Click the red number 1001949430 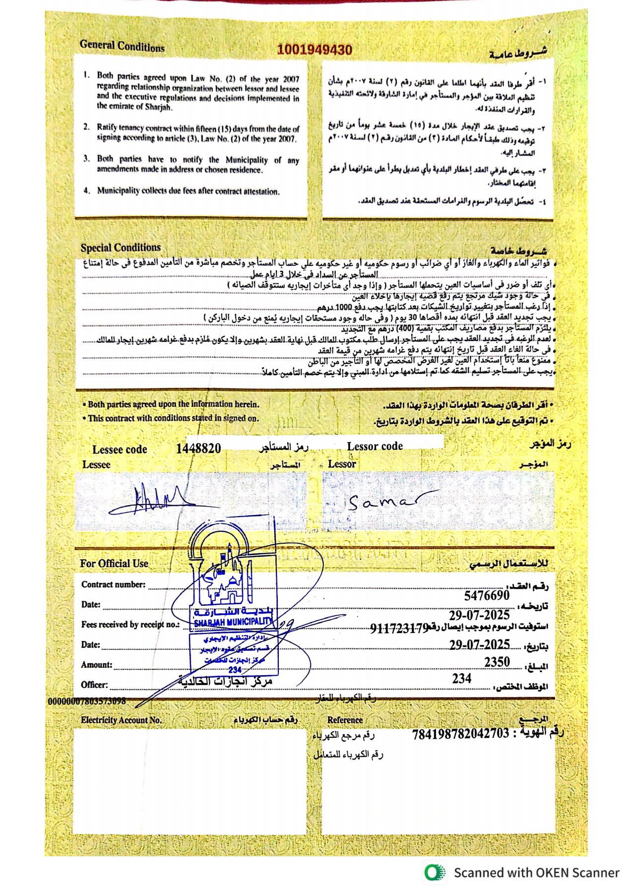coord(315,50)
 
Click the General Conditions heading coord(122,46)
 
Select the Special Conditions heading coord(121,248)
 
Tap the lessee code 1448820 coord(198,448)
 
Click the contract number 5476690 coord(487,595)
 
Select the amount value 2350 coord(497,662)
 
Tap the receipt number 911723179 coord(399,629)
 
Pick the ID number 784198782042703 coord(460,734)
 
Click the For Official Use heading coord(114,564)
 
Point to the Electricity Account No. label coord(122,720)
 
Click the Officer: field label coord(94,685)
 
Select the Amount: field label coord(97,665)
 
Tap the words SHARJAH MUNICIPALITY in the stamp coord(233,622)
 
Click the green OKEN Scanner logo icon coord(435,873)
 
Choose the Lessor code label coord(375,446)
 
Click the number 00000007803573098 coord(87,702)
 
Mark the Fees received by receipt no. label coord(130,625)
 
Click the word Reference coord(345,720)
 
